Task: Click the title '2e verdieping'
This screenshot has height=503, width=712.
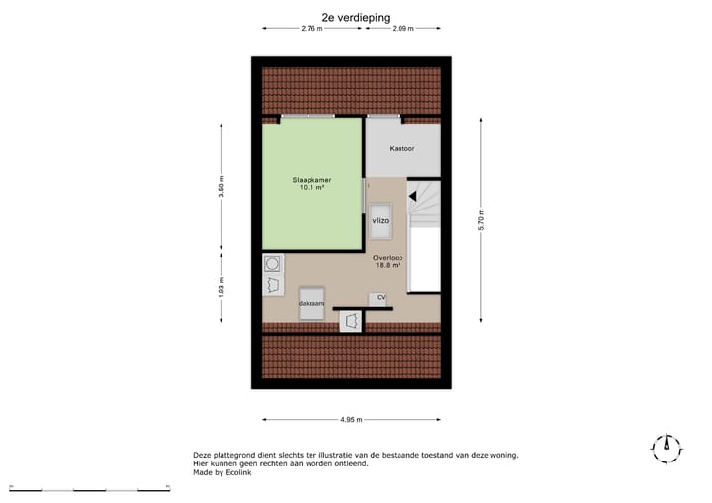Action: [x=356, y=17]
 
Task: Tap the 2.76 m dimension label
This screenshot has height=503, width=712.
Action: [x=312, y=29]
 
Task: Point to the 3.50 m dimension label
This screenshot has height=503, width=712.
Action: [x=222, y=188]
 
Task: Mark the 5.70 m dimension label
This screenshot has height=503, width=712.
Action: [x=481, y=219]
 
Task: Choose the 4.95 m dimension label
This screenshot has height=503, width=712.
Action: [x=351, y=420]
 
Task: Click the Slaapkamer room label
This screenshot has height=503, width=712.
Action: [x=311, y=180]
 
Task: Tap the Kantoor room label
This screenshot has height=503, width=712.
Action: [x=401, y=149]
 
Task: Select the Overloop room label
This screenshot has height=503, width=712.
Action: [x=388, y=257]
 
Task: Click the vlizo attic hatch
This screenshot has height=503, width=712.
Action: [x=381, y=221]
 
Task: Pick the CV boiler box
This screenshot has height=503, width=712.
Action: [x=379, y=298]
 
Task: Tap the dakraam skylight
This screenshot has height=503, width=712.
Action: [x=312, y=302]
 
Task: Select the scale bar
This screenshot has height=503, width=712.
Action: [x=89, y=489]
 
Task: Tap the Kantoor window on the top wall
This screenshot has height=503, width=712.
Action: [x=384, y=117]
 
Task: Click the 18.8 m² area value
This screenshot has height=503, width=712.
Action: [x=388, y=265]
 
